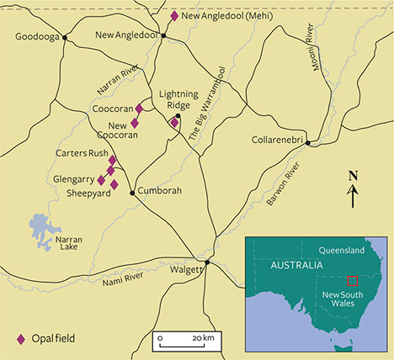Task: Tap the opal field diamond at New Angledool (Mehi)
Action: [174, 16]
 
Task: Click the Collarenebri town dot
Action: [309, 143]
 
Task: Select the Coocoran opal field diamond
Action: [140, 108]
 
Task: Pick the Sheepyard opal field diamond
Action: [114, 184]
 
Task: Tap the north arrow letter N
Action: [354, 176]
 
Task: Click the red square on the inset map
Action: [353, 280]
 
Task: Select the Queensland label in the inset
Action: [348, 250]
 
